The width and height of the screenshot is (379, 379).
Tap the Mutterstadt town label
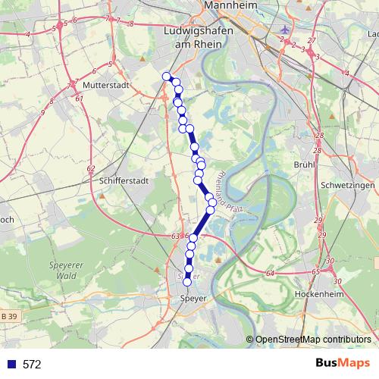106,86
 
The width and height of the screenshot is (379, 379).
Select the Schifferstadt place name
122,182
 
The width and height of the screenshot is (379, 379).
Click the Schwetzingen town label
348,186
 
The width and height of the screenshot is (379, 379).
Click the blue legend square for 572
11,365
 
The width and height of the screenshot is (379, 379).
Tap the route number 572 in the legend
32,365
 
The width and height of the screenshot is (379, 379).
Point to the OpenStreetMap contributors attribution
313,340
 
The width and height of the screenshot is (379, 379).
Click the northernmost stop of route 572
167,75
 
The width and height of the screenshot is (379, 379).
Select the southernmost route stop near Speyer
188,282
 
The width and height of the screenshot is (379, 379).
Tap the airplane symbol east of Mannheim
285,30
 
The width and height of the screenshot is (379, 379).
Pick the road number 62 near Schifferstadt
91,168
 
